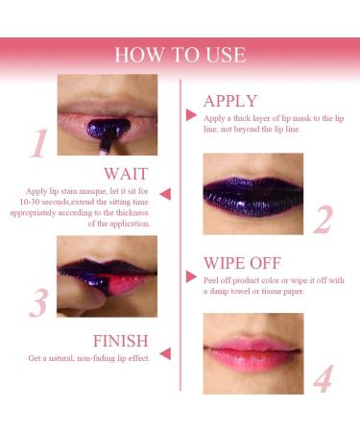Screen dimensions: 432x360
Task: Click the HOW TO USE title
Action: pos(180,54)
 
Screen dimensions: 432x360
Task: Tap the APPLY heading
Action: pos(230,101)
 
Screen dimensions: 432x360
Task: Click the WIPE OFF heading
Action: pos(244,262)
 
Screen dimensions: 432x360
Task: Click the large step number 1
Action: pos(37,143)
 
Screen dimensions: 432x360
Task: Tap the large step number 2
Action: pos(324,221)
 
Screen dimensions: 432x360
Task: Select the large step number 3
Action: pos(37,302)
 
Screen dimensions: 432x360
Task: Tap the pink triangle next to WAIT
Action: pos(165,194)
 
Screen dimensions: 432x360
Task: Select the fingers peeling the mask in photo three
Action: pos(77,300)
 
